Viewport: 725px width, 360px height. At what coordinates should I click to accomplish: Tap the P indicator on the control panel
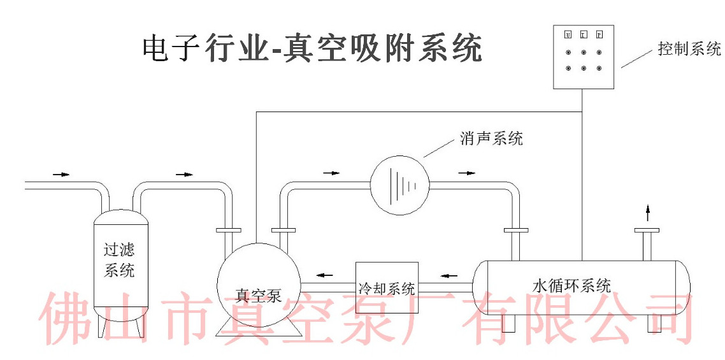[599, 34]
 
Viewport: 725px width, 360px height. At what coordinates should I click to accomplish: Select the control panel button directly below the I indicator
[583, 52]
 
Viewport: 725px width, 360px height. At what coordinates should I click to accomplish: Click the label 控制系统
[689, 49]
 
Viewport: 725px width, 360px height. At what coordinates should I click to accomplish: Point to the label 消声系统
[491, 138]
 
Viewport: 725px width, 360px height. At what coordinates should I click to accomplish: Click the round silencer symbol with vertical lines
[399, 184]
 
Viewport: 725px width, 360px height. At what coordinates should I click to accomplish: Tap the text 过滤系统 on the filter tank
[120, 259]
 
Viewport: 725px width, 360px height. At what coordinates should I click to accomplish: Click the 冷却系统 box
[387, 287]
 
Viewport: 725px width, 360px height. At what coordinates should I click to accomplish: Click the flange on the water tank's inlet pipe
[513, 229]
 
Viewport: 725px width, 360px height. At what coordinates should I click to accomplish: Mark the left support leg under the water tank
[508, 322]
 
